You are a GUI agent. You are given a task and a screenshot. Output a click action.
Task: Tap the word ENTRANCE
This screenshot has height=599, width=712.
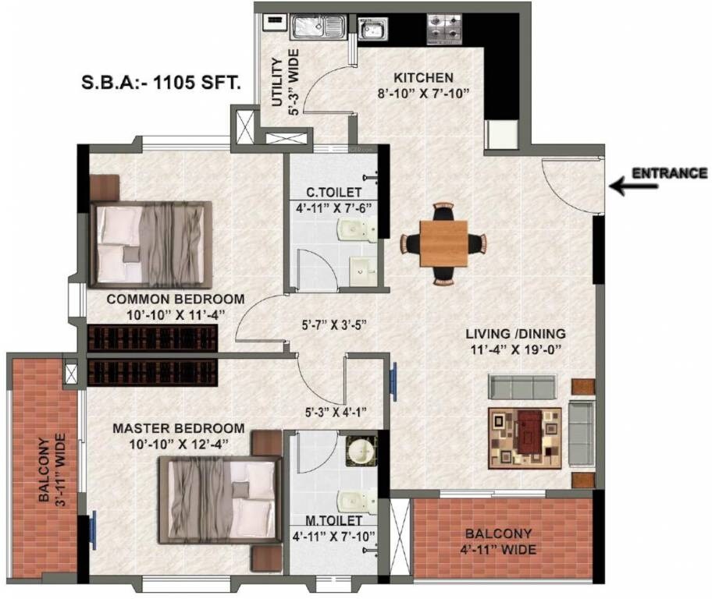coord(669,173)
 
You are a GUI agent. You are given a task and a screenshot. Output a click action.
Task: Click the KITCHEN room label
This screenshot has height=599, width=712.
coord(423,78)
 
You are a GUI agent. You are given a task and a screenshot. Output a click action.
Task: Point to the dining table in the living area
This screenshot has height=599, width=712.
coord(443,242)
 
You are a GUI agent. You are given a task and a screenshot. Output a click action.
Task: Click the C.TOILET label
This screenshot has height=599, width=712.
coord(333,192)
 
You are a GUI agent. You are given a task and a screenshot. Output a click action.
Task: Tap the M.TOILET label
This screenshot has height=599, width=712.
coord(333,519)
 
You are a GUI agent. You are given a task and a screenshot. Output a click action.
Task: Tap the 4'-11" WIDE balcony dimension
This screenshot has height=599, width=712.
coord(500,551)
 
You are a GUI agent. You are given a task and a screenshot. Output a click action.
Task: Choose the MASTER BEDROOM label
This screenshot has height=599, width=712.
coord(178,428)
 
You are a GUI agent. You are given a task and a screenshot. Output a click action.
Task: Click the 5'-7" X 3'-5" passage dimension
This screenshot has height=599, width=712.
coord(334,324)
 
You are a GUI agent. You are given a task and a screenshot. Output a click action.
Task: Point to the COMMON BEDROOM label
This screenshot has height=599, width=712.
coord(175,299)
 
